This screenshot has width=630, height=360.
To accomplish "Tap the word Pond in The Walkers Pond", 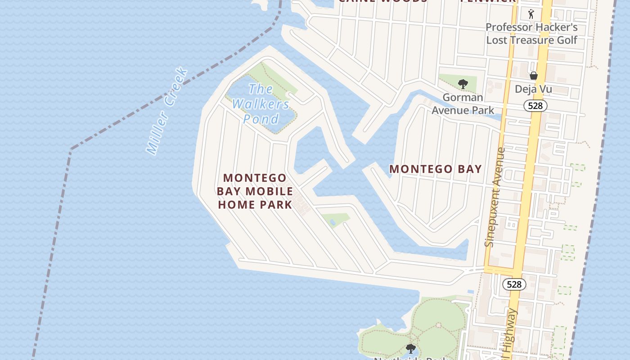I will [261, 119].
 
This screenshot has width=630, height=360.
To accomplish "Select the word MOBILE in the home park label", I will [269, 191].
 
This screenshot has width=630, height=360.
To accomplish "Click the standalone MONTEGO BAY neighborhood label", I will [435, 169].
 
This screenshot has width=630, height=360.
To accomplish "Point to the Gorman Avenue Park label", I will [463, 103].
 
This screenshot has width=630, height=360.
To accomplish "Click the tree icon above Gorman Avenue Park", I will [462, 84].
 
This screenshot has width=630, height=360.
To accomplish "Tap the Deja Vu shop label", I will [533, 89].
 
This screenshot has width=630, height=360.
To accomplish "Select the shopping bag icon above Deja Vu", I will [533, 76].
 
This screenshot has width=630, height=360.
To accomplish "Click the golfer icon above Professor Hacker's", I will [531, 14].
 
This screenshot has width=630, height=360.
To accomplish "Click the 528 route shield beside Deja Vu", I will [535, 106].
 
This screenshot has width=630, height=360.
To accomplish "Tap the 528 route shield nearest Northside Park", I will [514, 284].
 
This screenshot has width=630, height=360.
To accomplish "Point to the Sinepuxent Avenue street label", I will [495, 197].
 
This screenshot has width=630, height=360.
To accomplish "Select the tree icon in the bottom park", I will [410, 348].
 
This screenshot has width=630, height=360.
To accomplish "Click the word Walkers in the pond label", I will [261, 104].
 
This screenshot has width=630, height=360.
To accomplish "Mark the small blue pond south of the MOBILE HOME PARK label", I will [332, 222].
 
